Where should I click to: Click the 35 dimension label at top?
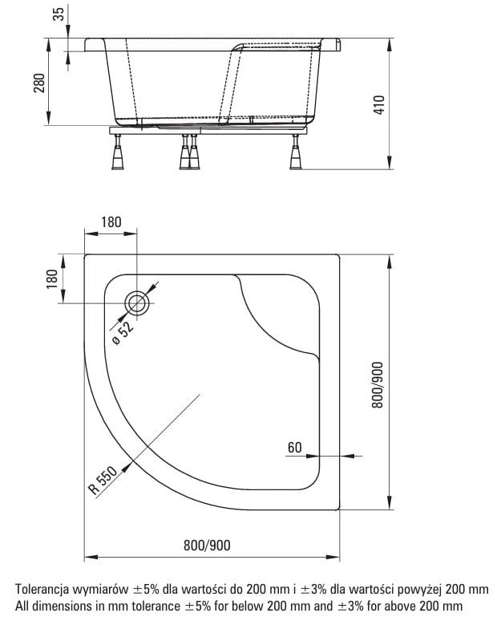click(58, 14)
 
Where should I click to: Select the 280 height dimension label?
click(38, 83)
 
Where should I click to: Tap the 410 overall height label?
click(378, 105)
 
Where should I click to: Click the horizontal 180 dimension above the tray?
click(111, 222)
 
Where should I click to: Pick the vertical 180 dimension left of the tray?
click(52, 279)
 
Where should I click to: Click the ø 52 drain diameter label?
click(123, 333)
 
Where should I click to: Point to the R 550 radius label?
click(103, 481)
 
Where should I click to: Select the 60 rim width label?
click(294, 448)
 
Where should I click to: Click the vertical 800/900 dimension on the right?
click(378, 385)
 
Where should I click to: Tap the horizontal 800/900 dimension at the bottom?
click(207, 546)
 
